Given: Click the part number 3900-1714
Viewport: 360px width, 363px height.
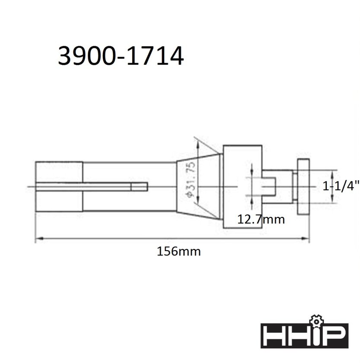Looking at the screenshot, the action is (121, 56).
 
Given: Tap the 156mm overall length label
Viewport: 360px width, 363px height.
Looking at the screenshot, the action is (179, 252).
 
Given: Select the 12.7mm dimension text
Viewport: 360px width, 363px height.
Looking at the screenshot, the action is (261, 219).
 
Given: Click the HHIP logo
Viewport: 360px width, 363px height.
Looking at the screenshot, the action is (304, 333).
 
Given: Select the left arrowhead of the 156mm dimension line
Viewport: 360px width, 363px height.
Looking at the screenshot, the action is (38, 238).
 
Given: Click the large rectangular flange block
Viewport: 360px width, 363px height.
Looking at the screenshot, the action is (242, 187).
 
